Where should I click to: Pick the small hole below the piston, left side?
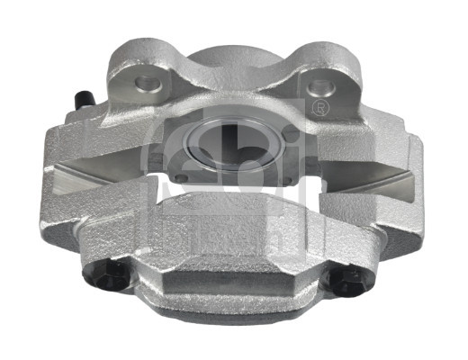pyautogui.click(x=182, y=177)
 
